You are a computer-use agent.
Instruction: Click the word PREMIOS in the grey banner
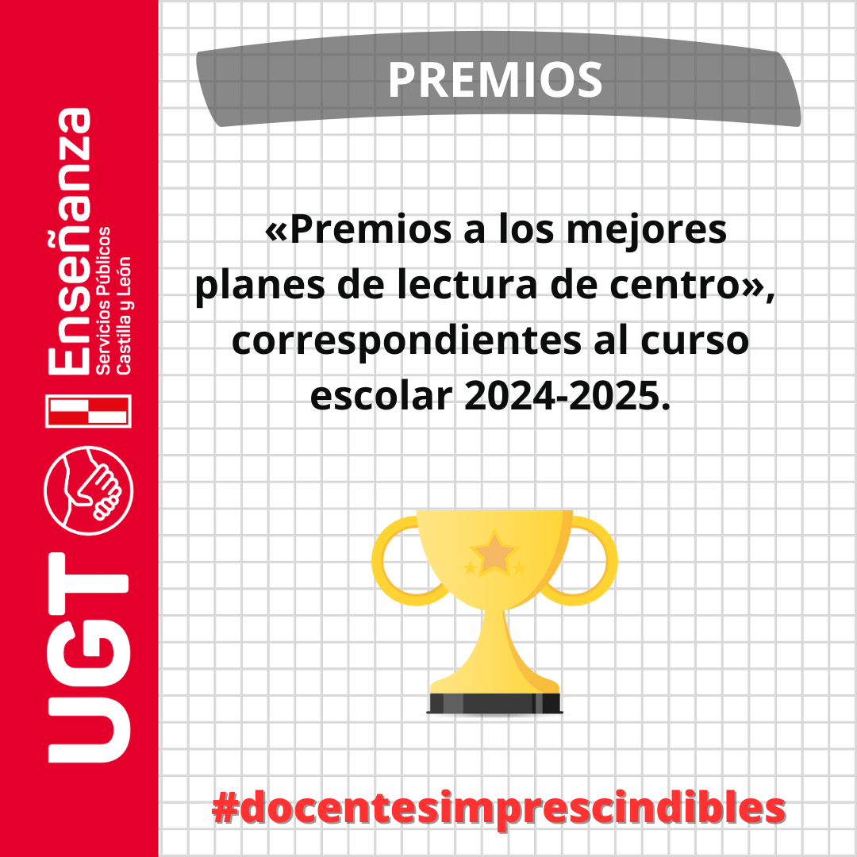coord(495,80)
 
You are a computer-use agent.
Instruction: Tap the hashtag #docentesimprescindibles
coord(498,809)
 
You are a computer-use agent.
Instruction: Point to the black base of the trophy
coord(494,703)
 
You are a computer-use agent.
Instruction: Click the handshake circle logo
coord(89,490)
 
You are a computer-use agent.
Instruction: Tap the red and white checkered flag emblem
coord(89,410)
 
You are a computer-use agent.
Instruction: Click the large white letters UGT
coord(89,658)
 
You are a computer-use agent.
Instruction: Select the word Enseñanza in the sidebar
coord(69,241)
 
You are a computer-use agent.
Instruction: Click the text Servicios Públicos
coord(103,301)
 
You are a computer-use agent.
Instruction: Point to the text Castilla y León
coord(123,315)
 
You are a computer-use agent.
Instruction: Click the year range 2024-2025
coord(567,396)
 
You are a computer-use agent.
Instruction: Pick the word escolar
coord(382,396)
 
